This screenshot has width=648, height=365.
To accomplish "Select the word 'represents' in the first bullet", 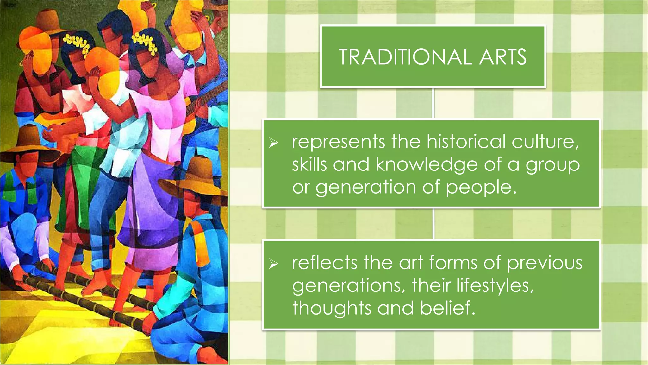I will (x=338, y=142).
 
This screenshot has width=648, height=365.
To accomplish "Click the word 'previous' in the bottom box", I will (x=545, y=263).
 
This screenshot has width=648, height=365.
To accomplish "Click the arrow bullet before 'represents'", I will (x=273, y=143).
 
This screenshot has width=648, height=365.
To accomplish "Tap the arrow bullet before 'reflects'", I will (x=273, y=264).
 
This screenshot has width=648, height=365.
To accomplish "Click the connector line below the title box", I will (x=433, y=104).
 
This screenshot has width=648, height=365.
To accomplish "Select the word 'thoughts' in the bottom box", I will (x=331, y=308).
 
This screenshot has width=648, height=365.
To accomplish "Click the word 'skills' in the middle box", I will (x=309, y=164).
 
